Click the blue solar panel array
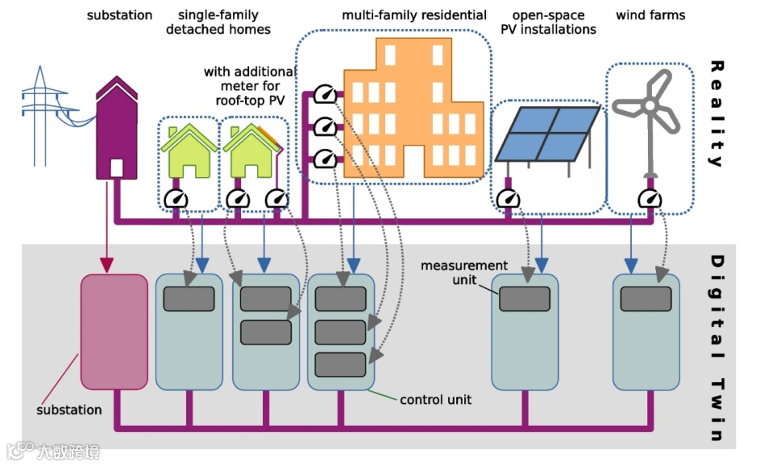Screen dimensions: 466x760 tap(546, 133)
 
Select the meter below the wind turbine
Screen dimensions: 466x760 tap(649, 198)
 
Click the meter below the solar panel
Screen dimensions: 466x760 tap(508, 198)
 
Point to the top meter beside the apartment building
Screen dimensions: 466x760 tap(324, 95)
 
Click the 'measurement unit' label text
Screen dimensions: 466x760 tap(463, 273)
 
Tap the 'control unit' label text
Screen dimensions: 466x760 tap(435, 399)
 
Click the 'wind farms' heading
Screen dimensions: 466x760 tap(650, 15)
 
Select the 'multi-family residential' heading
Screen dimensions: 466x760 tap(414, 15)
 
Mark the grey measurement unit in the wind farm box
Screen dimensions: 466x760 tap(646, 299)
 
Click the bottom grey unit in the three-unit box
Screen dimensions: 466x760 tap(340, 365)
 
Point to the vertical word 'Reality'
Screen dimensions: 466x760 tap(715, 113)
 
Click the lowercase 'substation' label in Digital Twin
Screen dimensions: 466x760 tap(69, 410)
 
